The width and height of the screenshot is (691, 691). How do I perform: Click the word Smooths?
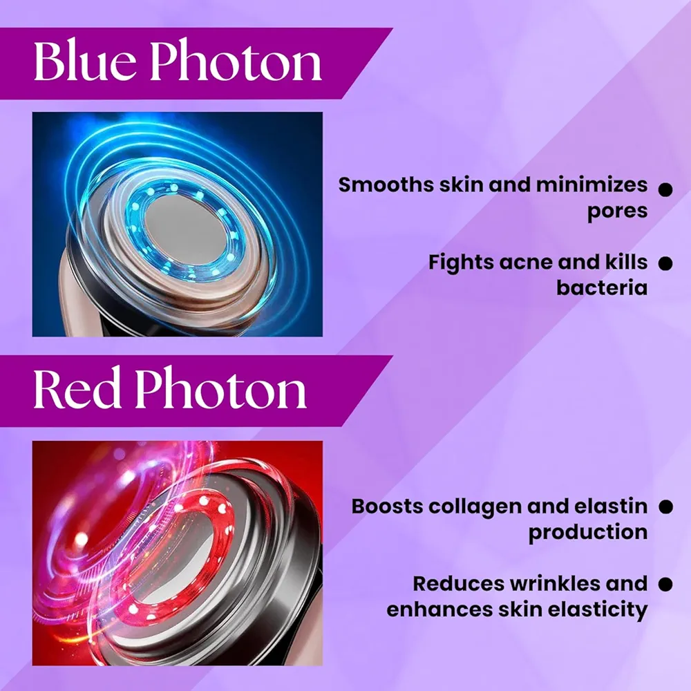tap(386, 184)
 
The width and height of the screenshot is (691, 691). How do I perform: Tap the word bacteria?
tap(602, 288)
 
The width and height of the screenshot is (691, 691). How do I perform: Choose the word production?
tap(588, 533)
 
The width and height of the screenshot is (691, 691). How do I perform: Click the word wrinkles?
tap(556, 584)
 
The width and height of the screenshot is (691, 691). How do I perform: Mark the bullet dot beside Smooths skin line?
tap(665, 190)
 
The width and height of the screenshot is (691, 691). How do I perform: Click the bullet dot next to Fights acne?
tap(665, 263)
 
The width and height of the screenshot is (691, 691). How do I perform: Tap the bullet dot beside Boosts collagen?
tap(666, 507)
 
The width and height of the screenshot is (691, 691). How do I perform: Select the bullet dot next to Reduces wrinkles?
tap(665, 585)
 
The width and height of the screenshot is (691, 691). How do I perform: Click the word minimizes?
tap(591, 184)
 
